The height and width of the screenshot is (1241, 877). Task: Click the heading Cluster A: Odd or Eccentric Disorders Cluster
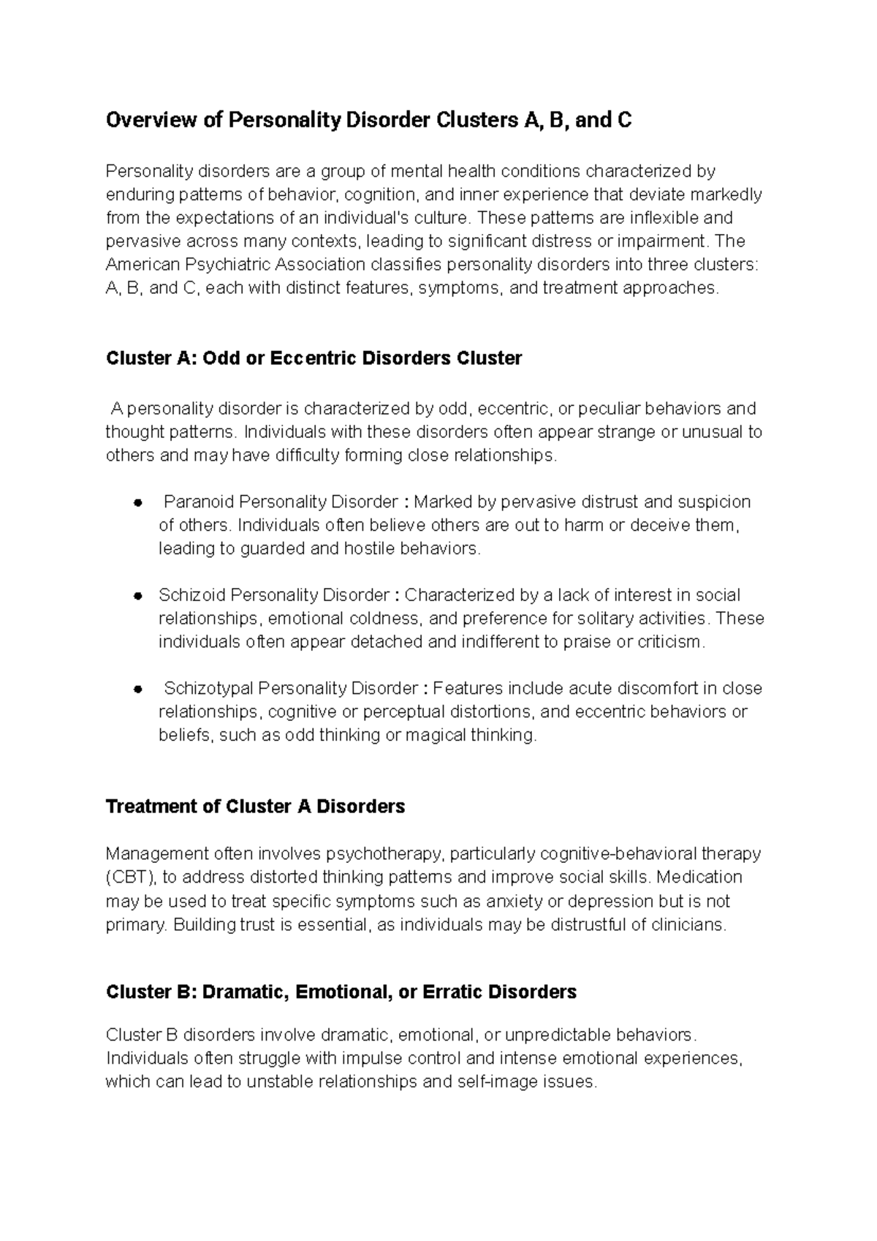pos(314,358)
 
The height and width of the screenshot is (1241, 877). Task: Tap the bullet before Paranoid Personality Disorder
pos(137,502)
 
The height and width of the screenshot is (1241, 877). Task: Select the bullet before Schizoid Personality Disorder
pos(137,595)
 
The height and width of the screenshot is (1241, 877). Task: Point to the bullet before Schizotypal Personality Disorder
pos(137,689)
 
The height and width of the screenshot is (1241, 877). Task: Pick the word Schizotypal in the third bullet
pos(208,688)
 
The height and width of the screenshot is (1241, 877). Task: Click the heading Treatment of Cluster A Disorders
pos(255,807)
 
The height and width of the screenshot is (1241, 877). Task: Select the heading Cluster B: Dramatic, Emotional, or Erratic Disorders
pos(341,992)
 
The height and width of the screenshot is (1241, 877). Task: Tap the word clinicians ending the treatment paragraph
pos(688,924)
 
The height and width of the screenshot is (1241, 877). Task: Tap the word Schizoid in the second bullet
pos(192,595)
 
